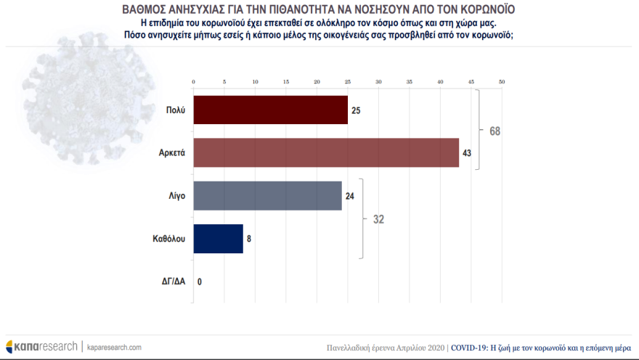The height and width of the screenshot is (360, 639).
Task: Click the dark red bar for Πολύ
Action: click(x=270, y=110)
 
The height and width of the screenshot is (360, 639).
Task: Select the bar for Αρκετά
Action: click(x=326, y=152)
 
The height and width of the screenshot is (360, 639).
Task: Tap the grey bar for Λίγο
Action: click(x=267, y=195)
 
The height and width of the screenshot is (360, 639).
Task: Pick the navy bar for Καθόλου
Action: click(x=218, y=238)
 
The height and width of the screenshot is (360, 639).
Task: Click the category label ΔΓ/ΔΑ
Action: click(x=174, y=281)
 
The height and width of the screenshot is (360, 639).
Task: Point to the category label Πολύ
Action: click(x=176, y=110)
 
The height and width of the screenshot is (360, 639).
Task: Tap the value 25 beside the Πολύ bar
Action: click(x=357, y=110)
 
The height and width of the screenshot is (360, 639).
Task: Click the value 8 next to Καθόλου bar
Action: click(x=248, y=238)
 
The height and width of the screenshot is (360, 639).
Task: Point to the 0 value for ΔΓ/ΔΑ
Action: click(x=199, y=281)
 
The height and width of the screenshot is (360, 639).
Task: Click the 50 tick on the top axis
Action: click(x=502, y=81)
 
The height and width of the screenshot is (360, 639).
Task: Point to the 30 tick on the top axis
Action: click(x=378, y=81)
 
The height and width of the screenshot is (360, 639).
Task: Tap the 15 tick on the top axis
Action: click(x=285, y=81)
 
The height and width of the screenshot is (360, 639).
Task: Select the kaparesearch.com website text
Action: click(x=114, y=347)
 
